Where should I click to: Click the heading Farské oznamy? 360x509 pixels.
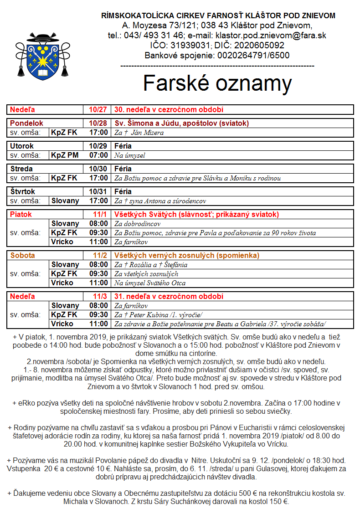[217, 83]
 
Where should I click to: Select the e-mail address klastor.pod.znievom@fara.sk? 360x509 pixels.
[271, 36]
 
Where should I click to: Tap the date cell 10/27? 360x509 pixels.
[98, 110]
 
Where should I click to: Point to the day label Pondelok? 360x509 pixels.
[27, 123]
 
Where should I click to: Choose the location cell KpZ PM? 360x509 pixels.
[65, 155]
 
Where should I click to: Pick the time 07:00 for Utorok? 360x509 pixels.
[99, 155]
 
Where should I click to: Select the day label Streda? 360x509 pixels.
[22, 169]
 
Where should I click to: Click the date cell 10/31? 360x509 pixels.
[98, 192]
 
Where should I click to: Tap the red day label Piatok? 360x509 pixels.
[21, 215]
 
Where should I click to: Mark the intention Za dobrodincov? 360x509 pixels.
[138, 224]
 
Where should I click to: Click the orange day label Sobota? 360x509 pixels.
[22, 256]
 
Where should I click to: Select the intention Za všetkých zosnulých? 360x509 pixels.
[146, 274]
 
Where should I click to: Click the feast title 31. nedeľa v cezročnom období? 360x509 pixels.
[169, 297]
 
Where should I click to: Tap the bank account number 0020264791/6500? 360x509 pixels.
[250, 56]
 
